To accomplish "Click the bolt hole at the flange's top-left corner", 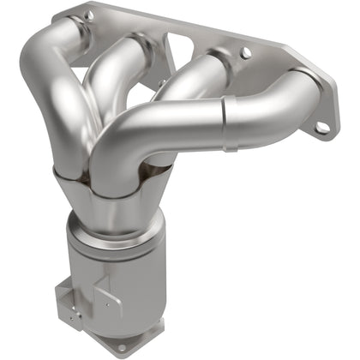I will (x=87, y=15).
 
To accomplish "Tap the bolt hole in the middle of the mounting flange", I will (x=246, y=53).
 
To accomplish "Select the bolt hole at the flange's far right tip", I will (x=321, y=128).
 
